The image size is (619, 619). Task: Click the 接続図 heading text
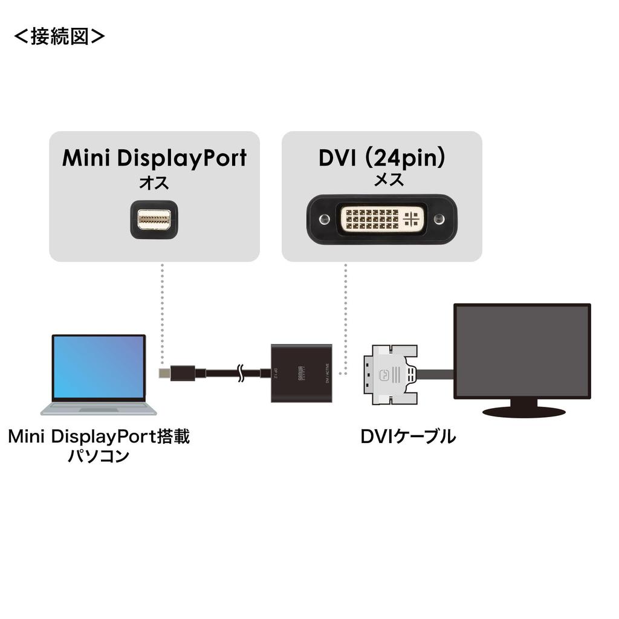[59, 36]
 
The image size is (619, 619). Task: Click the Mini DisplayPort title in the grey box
[154, 158]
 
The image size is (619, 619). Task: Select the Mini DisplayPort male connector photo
[154, 219]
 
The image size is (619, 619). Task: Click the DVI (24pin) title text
[382, 158]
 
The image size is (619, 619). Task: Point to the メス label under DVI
[381, 180]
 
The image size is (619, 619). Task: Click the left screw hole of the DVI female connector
[325, 218]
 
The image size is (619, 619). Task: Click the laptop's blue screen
[99, 367]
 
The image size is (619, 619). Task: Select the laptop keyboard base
[99, 409]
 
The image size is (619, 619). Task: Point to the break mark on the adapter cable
[241, 373]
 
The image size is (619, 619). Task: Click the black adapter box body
[302, 373]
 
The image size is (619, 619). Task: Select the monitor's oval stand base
[522, 411]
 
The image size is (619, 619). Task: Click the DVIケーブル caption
[408, 436]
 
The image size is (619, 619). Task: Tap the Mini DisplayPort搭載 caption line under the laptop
[99, 436]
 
